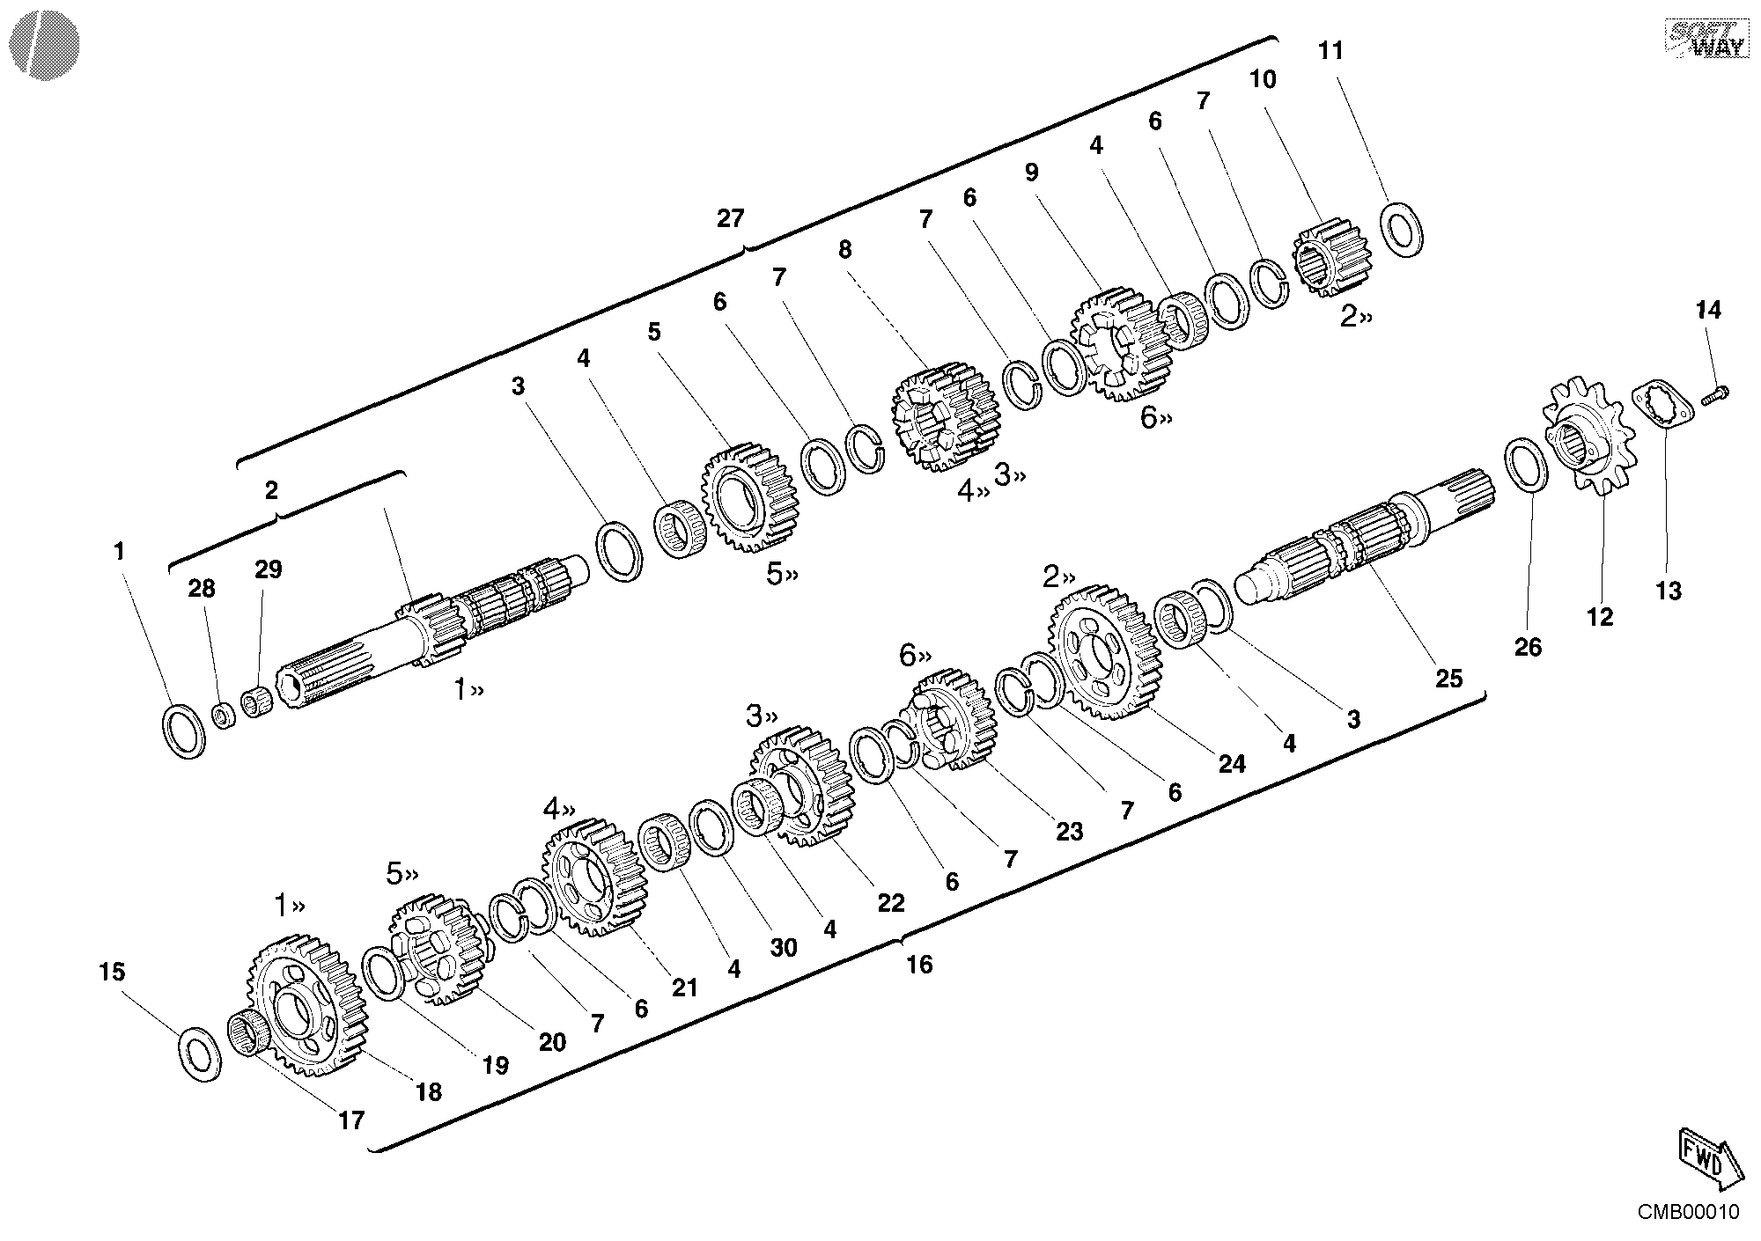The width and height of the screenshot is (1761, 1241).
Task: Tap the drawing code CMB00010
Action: (x=1688, y=1212)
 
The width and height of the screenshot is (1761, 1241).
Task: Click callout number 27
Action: (x=730, y=218)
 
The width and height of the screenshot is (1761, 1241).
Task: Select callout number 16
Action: (x=918, y=965)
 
